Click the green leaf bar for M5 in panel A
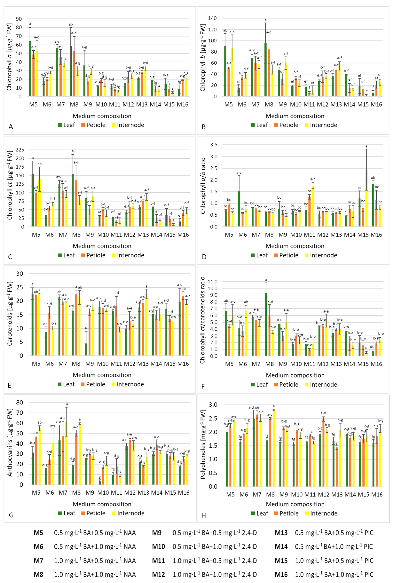[30, 69]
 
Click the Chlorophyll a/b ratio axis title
[203, 186]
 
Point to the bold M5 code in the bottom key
[38, 533]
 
